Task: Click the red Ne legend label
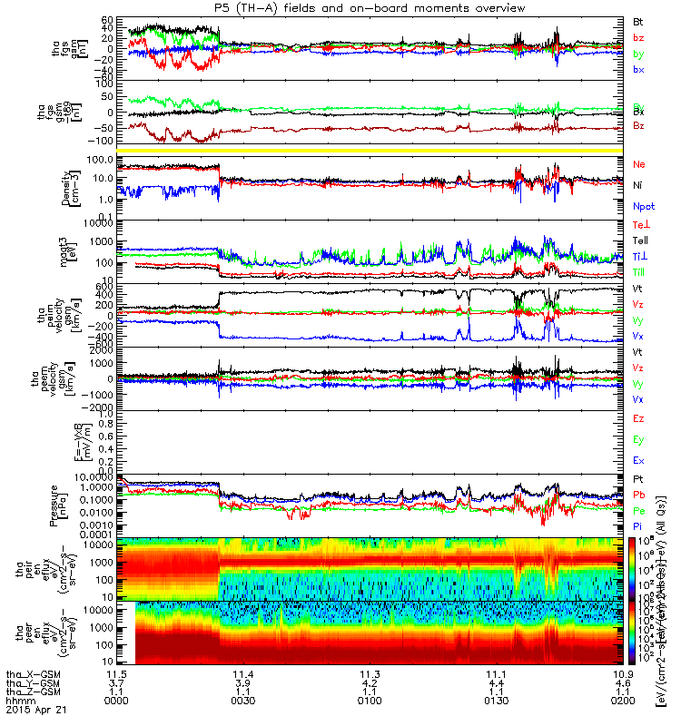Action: pyautogui.click(x=638, y=164)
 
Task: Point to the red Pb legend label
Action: pyautogui.click(x=638, y=495)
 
